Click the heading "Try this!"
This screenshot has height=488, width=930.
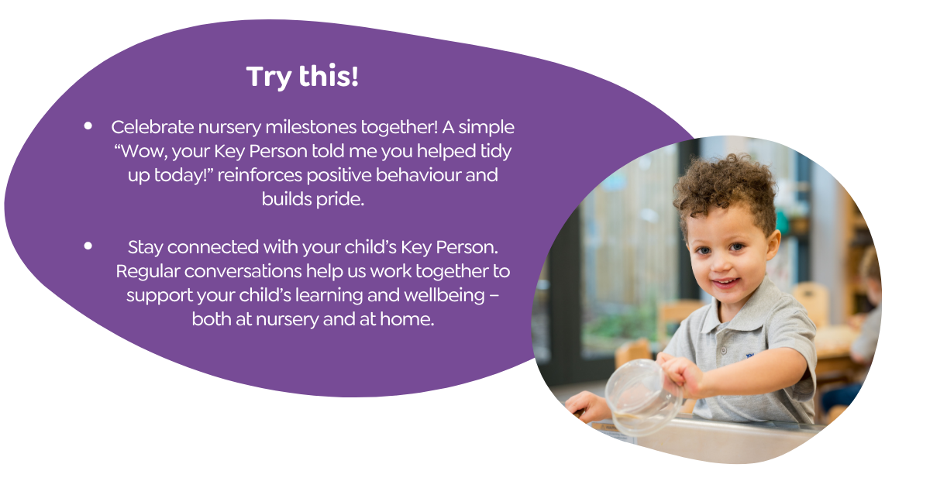(302, 77)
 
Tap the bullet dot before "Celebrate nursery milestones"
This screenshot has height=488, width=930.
(88, 125)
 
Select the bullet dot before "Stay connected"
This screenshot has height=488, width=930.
(88, 246)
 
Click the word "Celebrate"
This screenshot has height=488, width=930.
(153, 127)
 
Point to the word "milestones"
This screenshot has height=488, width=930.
(311, 127)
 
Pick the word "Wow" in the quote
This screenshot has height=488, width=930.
(142, 152)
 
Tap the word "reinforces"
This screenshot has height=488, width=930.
(260, 175)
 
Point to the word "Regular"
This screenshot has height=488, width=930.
(147, 272)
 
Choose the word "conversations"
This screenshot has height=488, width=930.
(243, 272)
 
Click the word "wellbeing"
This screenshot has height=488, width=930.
(444, 296)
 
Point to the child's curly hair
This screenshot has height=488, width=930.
(725, 187)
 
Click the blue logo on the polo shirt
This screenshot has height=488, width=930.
(750, 356)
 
